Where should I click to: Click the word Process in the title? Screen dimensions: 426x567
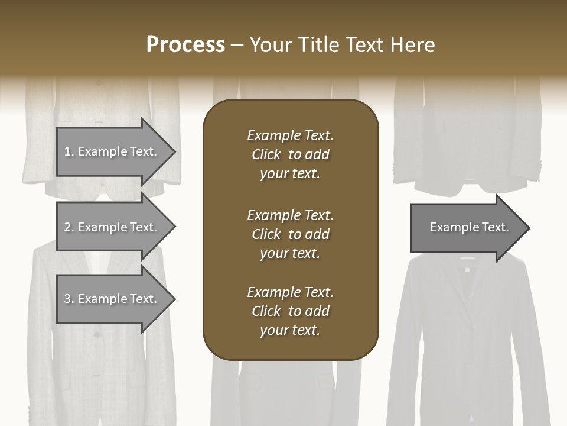pyautogui.click(x=185, y=45)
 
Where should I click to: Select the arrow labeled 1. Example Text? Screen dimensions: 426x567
pyautogui.click(x=112, y=151)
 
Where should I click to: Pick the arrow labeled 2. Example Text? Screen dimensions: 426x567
pyautogui.click(x=112, y=227)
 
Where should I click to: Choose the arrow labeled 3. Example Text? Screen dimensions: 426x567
pyautogui.click(x=112, y=299)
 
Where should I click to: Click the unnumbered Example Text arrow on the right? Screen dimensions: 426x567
pyautogui.click(x=467, y=228)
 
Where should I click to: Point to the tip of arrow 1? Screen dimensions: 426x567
pyautogui.click(x=174, y=152)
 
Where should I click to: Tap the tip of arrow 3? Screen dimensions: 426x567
pyautogui.click(x=174, y=299)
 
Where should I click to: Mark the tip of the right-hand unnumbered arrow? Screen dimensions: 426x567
pyautogui.click(x=529, y=228)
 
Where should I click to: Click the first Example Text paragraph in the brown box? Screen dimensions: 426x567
pyautogui.click(x=290, y=154)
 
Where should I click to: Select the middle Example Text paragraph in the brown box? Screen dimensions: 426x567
pyautogui.click(x=290, y=234)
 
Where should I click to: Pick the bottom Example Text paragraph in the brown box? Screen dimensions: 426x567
pyautogui.click(x=290, y=311)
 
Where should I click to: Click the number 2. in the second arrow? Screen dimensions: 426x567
pyautogui.click(x=69, y=227)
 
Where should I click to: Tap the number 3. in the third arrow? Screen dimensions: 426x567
pyautogui.click(x=69, y=299)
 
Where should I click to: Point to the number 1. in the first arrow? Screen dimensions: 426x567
pyautogui.click(x=69, y=151)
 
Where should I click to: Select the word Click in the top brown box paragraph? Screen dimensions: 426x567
pyautogui.click(x=266, y=154)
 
